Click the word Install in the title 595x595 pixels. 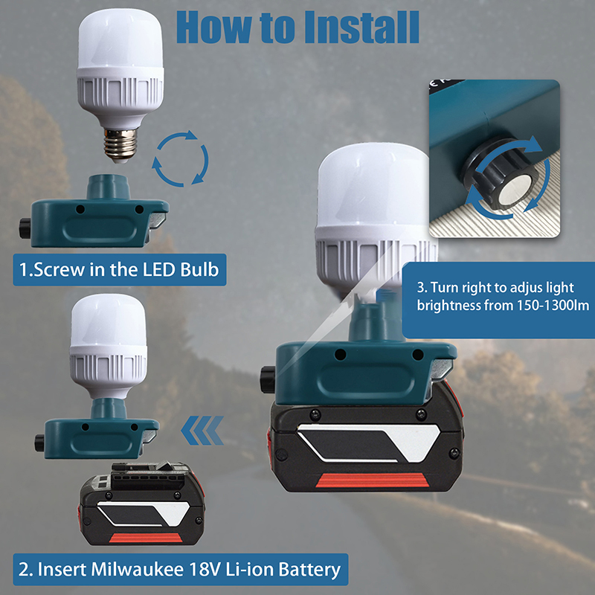point(361,27)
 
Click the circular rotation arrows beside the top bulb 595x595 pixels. point(180,158)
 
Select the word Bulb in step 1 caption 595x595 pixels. point(199,270)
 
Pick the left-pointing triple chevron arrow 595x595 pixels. point(202,431)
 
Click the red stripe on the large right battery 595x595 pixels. point(373,480)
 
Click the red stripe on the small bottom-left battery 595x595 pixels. point(145,538)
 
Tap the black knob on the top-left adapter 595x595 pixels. point(25,228)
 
